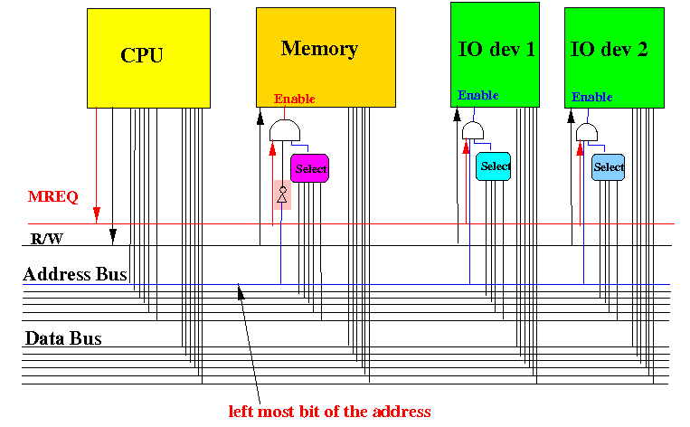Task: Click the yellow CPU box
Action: point(148,58)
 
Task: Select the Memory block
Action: point(326,57)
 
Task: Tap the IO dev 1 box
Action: point(495,54)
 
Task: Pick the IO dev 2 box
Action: point(614,58)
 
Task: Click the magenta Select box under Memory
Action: point(310,168)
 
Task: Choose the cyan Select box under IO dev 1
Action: point(493,166)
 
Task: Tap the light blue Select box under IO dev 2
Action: point(608,167)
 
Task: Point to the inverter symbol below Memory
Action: point(282,195)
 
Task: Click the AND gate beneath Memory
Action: point(285,130)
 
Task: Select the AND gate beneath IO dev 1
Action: point(473,131)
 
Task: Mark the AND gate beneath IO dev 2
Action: point(587,132)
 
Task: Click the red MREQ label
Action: point(52,196)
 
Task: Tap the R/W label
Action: point(47,239)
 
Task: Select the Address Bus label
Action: point(75,274)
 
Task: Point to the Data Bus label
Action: point(63,338)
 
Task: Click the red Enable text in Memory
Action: point(295,99)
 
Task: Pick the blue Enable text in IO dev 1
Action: point(477,95)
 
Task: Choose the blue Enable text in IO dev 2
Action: point(591,97)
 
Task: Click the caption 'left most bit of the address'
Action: point(329,412)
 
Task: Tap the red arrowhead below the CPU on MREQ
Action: point(97,213)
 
